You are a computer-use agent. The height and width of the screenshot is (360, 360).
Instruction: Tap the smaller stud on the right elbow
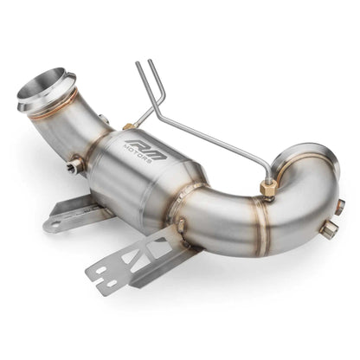tap(340, 206)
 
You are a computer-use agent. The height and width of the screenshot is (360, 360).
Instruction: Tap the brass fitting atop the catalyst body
tap(129, 127)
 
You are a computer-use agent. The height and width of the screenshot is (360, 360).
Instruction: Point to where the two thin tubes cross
tap(153, 95)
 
